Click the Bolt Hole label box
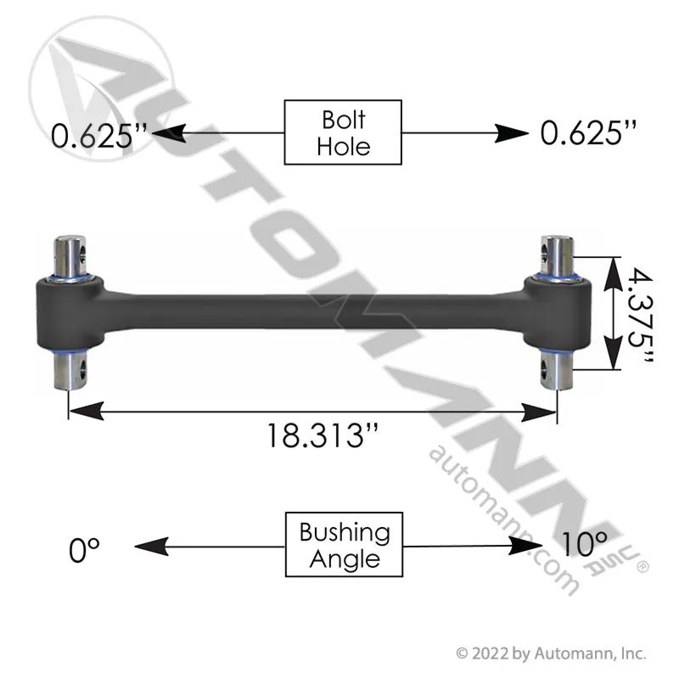point(343,132)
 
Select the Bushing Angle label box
point(344,544)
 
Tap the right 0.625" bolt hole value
point(588,132)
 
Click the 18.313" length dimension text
point(323,435)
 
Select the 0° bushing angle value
point(84,549)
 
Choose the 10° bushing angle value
point(584,544)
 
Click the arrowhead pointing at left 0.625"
point(169,133)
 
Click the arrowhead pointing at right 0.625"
point(512,133)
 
